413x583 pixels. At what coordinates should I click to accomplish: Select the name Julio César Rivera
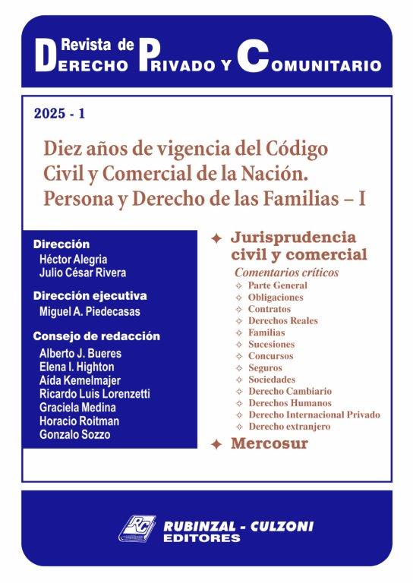tap(84, 273)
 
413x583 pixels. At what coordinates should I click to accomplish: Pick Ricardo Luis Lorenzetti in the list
tap(94, 393)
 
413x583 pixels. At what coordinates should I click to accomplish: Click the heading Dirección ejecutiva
tap(90, 295)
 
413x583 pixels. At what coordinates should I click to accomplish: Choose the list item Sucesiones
tap(271, 344)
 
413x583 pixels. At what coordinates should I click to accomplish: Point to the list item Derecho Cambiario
tap(289, 391)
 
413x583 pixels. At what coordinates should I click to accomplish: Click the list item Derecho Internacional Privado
tap(314, 414)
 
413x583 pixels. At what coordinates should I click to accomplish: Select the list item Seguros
tap(265, 367)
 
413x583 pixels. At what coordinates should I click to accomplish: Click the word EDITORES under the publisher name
tap(200, 538)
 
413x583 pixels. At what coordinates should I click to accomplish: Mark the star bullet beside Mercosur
tap(216, 445)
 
